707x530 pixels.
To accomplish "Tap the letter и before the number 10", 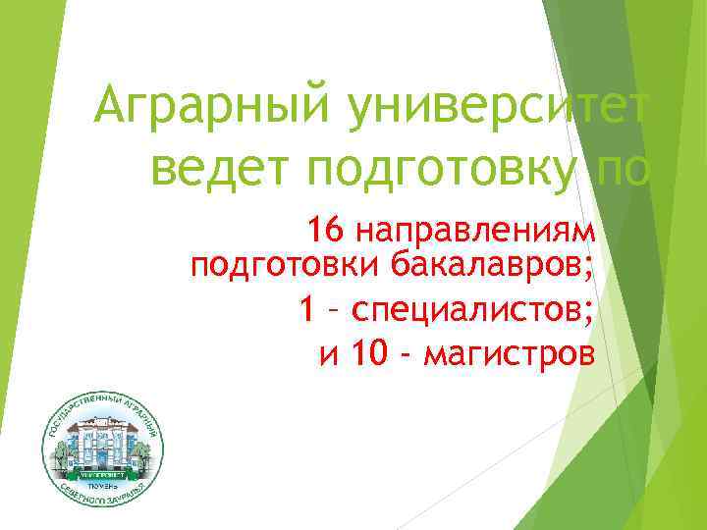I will coord(329,353).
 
